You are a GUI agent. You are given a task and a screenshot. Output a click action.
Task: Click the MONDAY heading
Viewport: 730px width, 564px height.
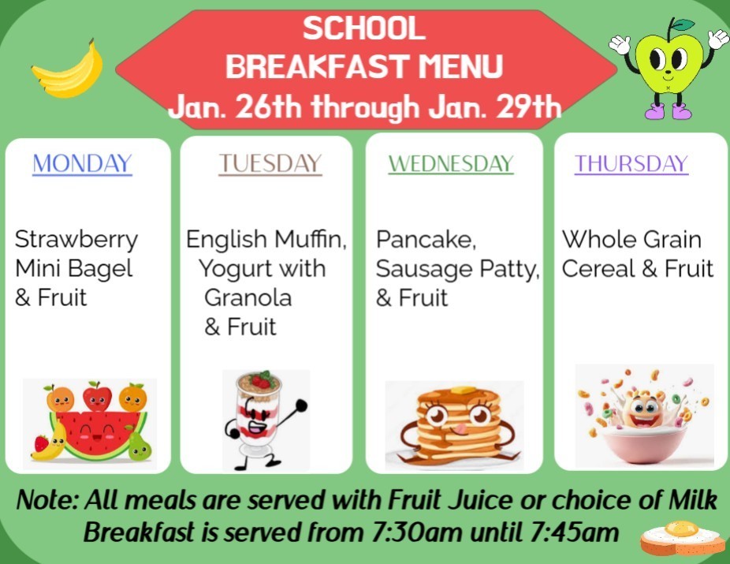click(82, 163)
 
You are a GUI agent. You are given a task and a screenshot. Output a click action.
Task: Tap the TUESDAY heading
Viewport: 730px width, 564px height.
click(270, 163)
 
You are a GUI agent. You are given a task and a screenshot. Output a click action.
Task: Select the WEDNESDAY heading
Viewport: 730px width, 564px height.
click(450, 164)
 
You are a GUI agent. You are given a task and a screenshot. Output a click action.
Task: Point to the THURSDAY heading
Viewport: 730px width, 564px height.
click(631, 163)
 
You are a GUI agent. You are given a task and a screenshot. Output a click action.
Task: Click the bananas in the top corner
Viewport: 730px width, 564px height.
click(69, 69)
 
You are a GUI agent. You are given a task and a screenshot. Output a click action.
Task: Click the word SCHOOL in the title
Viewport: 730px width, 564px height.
click(363, 30)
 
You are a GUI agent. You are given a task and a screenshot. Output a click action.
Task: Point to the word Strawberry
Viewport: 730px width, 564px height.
click(76, 238)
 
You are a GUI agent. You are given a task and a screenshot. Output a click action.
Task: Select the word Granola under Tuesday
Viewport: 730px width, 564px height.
click(248, 297)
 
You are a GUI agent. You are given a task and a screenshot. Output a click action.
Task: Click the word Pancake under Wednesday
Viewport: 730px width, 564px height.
click(425, 239)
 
